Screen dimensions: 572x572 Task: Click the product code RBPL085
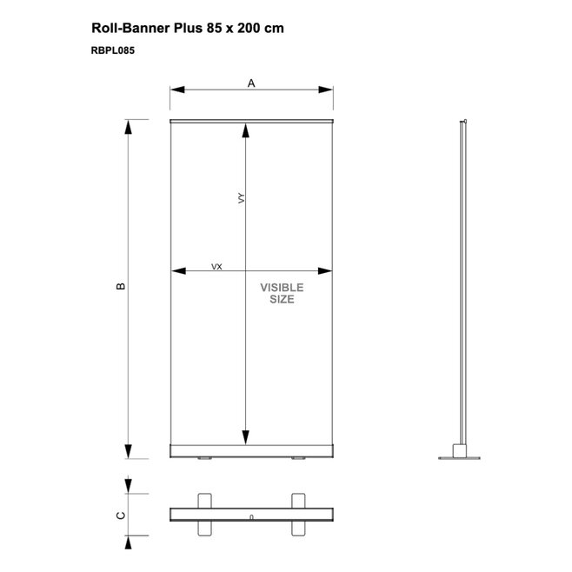[113, 50]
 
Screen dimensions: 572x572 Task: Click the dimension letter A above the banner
[251, 83]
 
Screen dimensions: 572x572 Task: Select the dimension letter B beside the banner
[120, 286]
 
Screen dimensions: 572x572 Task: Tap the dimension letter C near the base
[120, 515]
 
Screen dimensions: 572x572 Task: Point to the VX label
[216, 267]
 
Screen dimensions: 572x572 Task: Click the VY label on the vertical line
[241, 198]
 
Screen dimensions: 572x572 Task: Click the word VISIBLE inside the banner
[282, 288]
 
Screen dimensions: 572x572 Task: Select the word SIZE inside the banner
[282, 299]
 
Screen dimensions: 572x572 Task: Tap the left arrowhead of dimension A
[177, 90]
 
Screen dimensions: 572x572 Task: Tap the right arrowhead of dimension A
[325, 90]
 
